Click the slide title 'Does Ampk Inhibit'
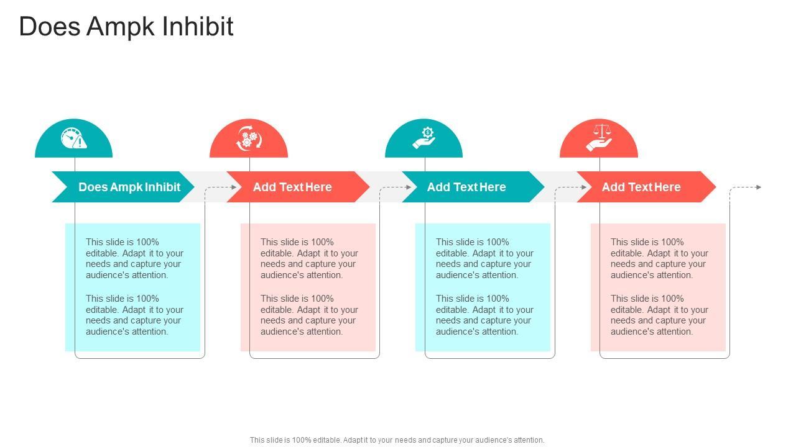pos(126,27)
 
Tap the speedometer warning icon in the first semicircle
pos(73,138)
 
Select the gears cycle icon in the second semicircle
pos(249,138)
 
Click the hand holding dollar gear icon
pos(424,138)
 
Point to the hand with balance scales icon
pos(599,138)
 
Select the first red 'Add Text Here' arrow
pos(292,187)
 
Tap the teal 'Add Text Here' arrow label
pos(466,187)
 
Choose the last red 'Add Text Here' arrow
pos(641,187)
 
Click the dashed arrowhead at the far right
pos(759,187)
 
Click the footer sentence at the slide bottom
pos(397,440)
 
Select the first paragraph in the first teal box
pos(134,258)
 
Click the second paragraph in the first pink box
pos(309,315)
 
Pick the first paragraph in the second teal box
pos(484,258)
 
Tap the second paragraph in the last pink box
pos(659,315)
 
